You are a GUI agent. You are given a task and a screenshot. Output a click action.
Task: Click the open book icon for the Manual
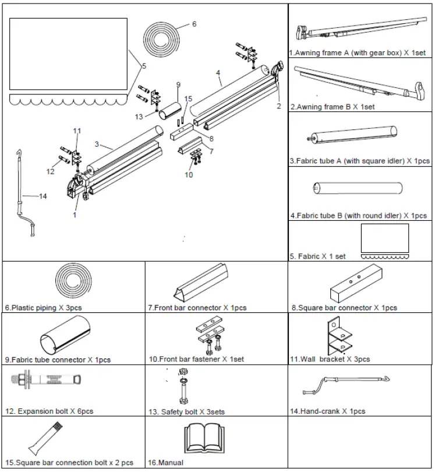(203, 438)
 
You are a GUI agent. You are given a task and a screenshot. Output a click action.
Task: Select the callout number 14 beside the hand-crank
(43, 196)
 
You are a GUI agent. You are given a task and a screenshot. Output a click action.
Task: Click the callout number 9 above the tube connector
(179, 84)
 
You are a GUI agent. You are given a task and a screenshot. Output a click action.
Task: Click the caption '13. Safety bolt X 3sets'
(186, 412)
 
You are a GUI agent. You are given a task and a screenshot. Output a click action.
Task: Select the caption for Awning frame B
(333, 107)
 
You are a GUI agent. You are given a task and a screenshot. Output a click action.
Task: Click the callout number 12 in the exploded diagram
(51, 171)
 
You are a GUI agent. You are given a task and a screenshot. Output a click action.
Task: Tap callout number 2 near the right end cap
(278, 106)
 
